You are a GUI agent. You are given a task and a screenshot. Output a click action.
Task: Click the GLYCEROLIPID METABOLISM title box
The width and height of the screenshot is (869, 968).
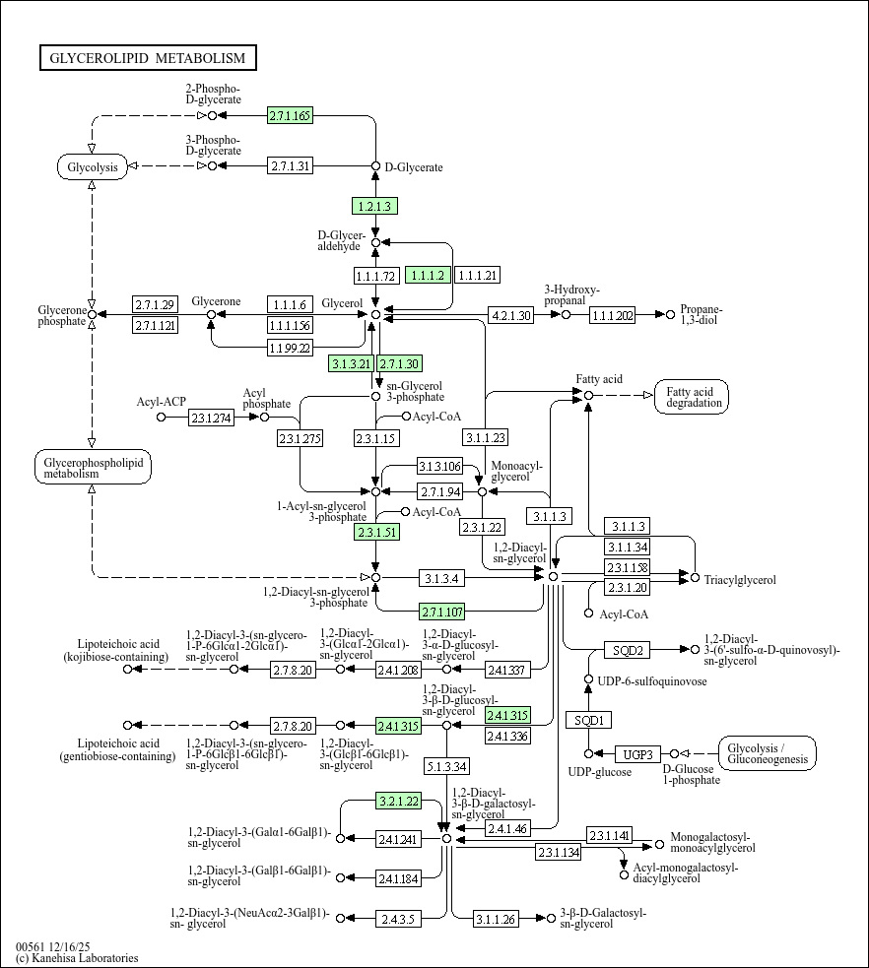[x=149, y=58]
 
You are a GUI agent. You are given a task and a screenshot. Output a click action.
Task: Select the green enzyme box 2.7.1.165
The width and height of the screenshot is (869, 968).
[x=290, y=116]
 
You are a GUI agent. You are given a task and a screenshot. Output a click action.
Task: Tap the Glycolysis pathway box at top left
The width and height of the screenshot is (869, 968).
[x=93, y=166]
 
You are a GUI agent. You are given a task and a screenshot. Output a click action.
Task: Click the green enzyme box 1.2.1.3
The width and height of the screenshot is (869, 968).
[x=374, y=206]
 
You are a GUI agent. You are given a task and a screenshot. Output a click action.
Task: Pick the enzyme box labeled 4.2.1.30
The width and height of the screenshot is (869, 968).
[x=510, y=315]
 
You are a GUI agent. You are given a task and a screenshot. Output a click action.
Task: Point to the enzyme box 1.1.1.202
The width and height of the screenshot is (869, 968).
[x=613, y=315]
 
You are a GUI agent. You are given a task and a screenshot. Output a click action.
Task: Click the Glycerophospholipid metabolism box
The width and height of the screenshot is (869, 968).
[x=93, y=467]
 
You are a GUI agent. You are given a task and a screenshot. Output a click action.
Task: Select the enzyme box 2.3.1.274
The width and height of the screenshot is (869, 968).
[x=212, y=418]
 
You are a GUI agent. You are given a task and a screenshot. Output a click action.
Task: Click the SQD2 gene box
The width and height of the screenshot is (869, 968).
[x=627, y=650]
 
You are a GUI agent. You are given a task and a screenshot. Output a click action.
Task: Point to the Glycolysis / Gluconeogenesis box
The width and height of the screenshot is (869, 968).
[x=768, y=753]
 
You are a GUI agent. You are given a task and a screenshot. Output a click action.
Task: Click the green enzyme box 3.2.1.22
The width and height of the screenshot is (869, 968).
[x=398, y=802]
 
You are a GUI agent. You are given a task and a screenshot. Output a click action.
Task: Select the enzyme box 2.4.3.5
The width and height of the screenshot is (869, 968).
[x=398, y=919]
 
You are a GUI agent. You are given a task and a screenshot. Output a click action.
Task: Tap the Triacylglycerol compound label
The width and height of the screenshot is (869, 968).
[x=740, y=580]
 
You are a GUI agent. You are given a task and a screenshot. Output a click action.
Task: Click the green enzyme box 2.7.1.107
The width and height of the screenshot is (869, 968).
[x=442, y=610]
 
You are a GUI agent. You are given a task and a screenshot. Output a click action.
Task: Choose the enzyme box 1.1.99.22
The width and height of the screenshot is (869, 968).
[x=291, y=347]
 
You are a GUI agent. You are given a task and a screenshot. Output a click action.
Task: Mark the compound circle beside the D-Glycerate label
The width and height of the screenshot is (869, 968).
[x=375, y=166]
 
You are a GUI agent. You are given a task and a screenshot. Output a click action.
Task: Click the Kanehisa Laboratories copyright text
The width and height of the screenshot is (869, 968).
[x=77, y=957]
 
